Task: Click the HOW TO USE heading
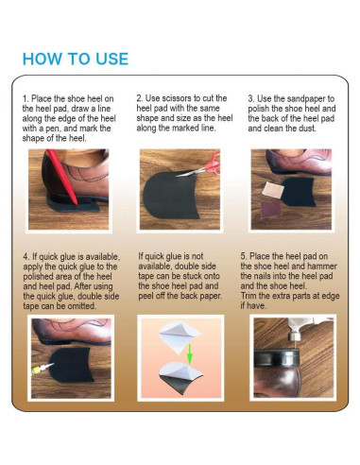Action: (x=76, y=59)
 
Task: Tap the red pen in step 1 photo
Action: (x=63, y=177)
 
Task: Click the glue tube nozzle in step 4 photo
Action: (x=43, y=368)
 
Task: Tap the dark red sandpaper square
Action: (x=271, y=210)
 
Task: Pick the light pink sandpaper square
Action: (x=273, y=190)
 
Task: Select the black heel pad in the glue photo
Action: (x=72, y=365)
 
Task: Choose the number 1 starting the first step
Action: (x=26, y=98)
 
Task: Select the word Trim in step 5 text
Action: (x=249, y=296)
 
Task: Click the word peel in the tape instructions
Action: (x=146, y=297)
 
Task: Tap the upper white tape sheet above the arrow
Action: (x=180, y=337)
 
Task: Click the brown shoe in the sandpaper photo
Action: (x=300, y=162)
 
